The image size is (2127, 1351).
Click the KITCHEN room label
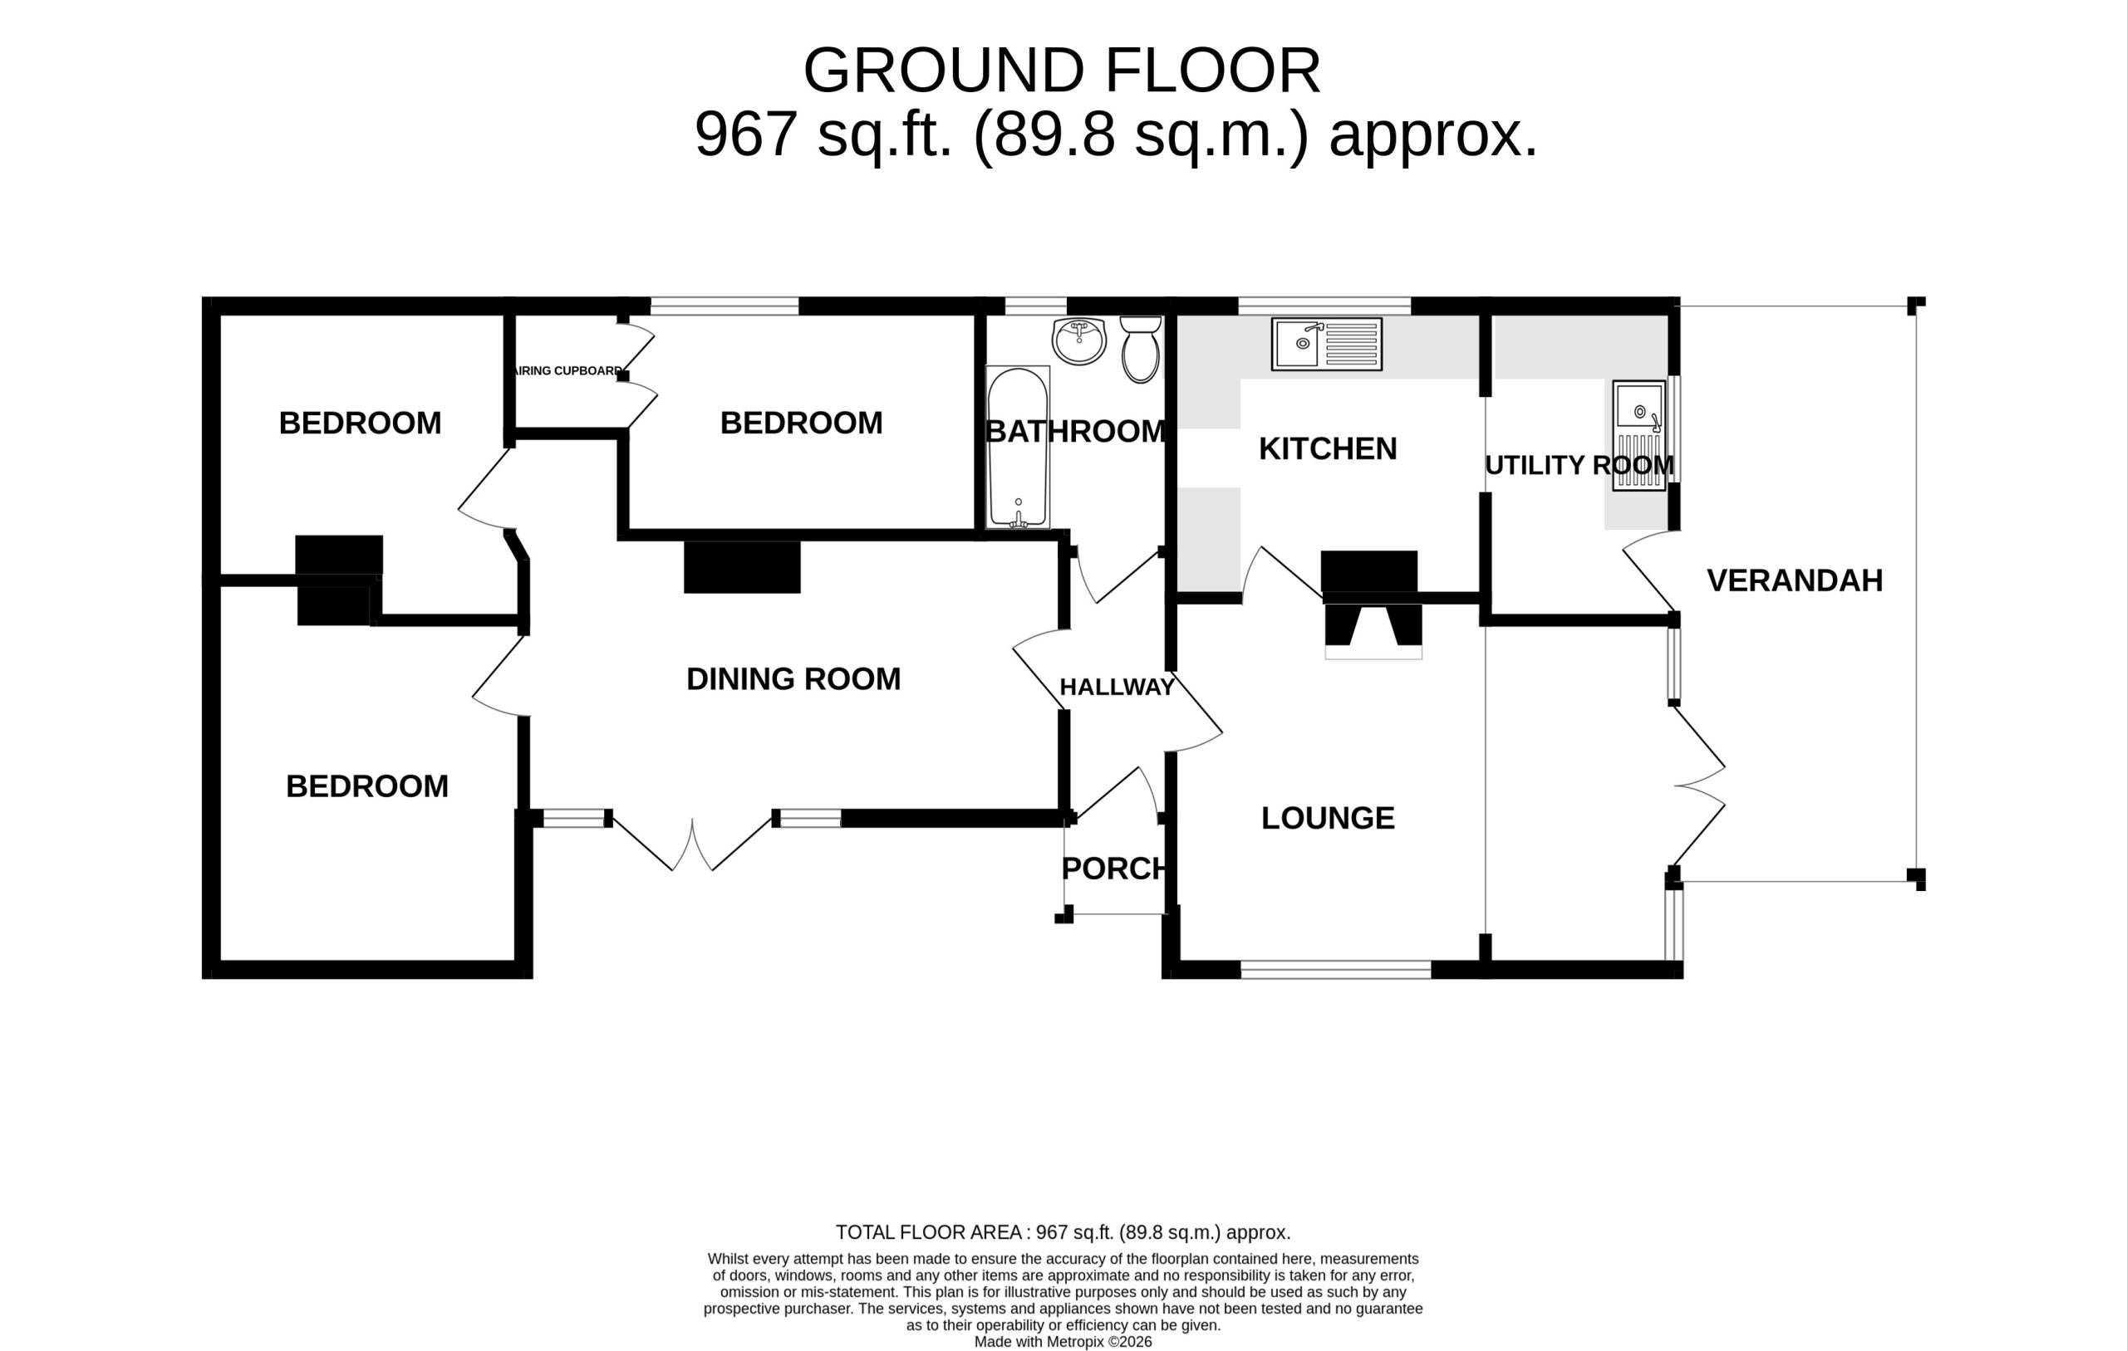point(1328,448)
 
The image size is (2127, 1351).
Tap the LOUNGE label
point(1328,818)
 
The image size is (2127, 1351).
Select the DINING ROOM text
point(793,678)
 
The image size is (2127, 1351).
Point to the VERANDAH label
point(1794,580)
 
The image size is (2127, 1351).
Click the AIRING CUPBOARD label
point(569,371)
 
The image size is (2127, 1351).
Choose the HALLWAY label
point(1117,687)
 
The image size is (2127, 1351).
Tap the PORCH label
point(1115,869)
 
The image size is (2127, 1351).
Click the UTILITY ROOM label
point(1579,465)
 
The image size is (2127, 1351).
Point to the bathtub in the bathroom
point(1018,448)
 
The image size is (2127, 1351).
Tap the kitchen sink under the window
point(1327,344)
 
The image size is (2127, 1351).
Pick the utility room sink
point(1638,435)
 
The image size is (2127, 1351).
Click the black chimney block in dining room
point(742,567)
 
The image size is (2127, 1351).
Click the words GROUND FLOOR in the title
point(1062,71)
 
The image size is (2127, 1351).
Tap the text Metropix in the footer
point(1075,1342)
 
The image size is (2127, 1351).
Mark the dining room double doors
point(692,844)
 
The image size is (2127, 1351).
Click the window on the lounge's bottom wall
point(1335,970)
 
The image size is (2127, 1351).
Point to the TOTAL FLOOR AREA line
point(1063,1231)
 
